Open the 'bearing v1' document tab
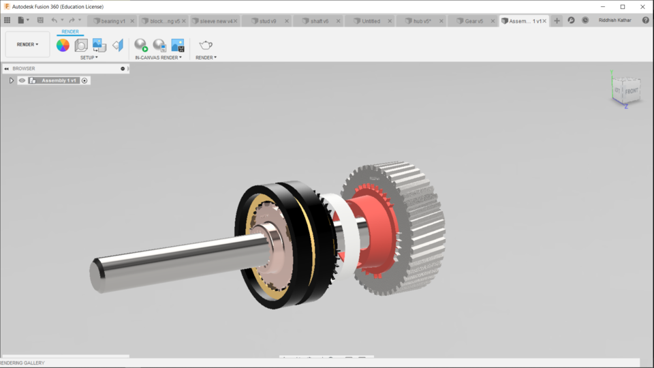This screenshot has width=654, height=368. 113,21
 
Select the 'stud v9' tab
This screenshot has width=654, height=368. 268,21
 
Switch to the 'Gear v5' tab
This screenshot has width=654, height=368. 473,21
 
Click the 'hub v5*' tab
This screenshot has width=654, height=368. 422,21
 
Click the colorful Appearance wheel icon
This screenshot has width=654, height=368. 63,45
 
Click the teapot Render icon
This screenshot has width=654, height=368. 205,45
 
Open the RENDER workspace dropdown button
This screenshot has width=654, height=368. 28,44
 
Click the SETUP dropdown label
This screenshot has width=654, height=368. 89,58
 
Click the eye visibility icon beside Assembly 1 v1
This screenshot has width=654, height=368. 22,80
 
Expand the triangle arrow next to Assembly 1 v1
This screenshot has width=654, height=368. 12,80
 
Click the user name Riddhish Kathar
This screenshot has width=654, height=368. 614,20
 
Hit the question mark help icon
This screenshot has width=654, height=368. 645,20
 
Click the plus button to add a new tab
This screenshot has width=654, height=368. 557,21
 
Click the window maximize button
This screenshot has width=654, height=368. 622,7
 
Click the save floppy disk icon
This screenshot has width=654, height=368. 40,20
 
